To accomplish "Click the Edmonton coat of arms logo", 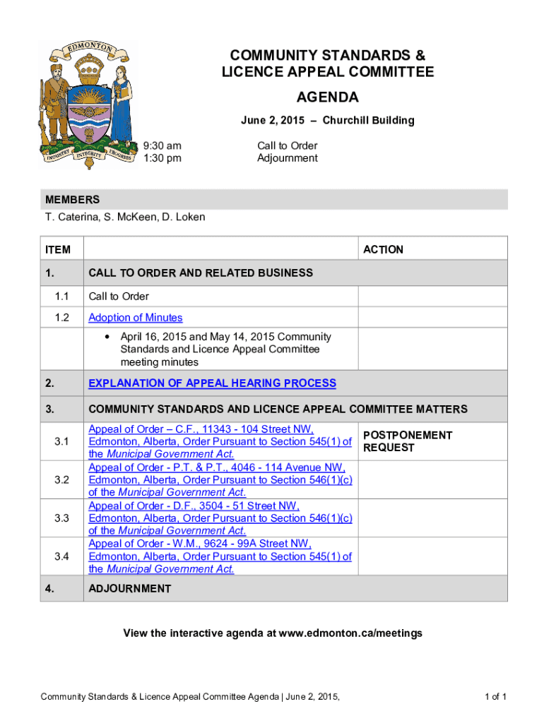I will coord(85,104).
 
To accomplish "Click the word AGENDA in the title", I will coord(327,97).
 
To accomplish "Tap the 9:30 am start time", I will coord(162,145).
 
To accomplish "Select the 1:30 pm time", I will coord(162,158).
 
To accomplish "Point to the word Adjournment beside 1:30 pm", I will coord(288,158).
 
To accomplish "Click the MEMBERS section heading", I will coord(72,200).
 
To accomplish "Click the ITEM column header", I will coord(58,249).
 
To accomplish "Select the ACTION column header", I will coord(383,249).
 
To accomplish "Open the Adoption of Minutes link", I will coord(136,318).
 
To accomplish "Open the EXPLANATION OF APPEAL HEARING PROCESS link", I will coord(212,383).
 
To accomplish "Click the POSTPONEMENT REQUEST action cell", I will coord(407,441).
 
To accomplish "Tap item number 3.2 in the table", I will coord(61,480).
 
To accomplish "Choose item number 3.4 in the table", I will coord(61,556).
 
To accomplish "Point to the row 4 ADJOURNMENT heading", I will coord(129,588).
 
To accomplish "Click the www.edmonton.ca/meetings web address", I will coord(350,633).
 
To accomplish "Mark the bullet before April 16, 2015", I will coord(107,337).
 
